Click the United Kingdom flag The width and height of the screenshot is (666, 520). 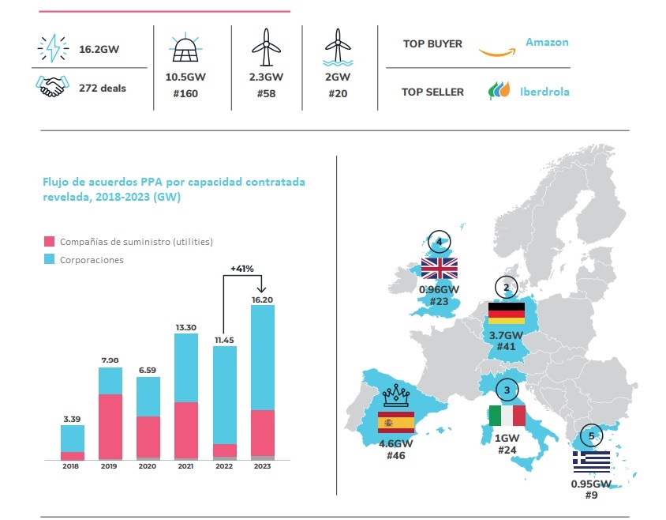pos(440,267)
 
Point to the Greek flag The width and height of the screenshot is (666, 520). pos(591,461)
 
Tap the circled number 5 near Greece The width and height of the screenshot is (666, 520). pos(591,435)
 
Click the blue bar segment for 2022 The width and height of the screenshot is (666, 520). pos(225,394)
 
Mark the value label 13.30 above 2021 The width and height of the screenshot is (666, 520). pos(186,326)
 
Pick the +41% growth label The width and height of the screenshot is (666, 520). pos(242,269)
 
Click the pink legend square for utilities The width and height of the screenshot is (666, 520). pos(49,242)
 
